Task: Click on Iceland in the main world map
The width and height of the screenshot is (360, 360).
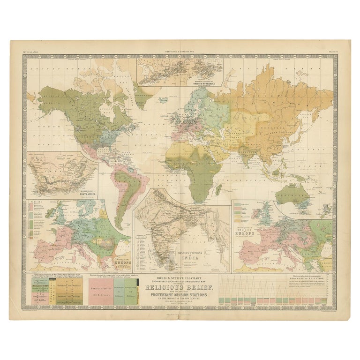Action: (164, 100)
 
